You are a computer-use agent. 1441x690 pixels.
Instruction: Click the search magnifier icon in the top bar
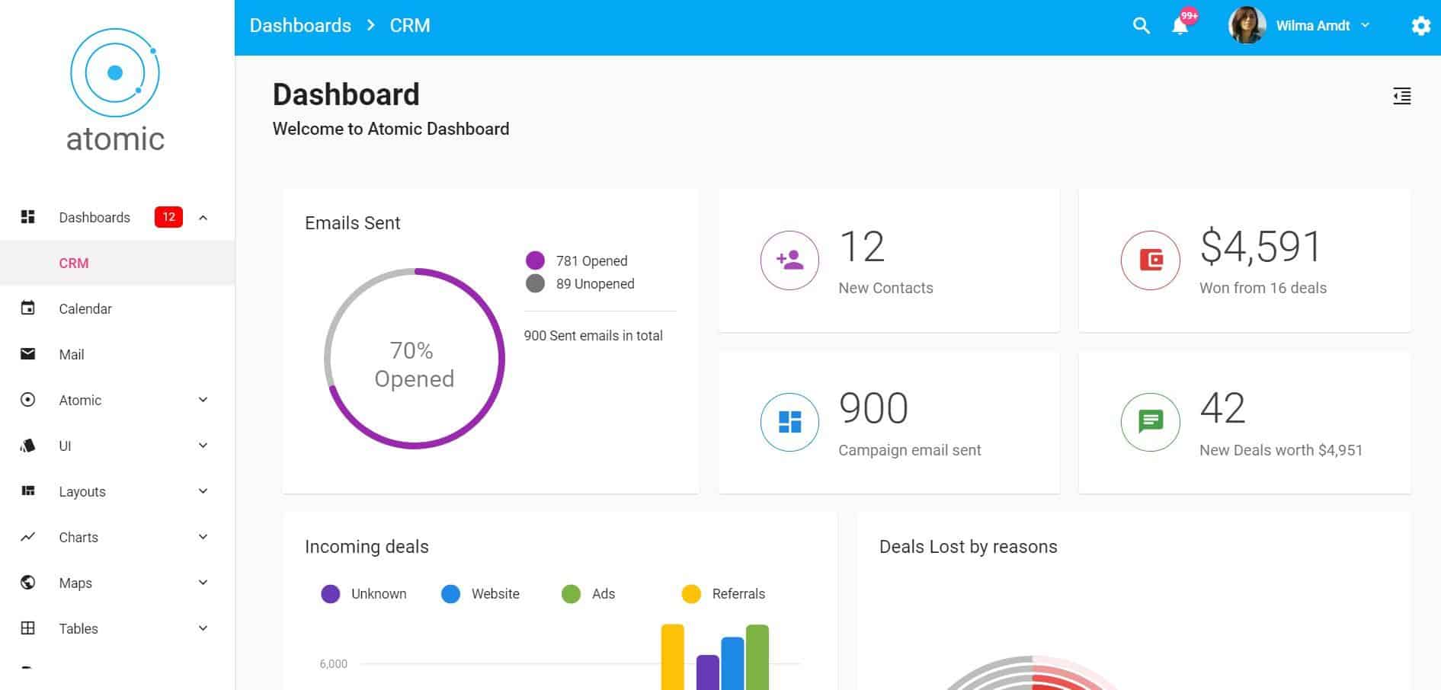pyautogui.click(x=1141, y=26)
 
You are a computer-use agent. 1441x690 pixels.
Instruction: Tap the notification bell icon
pyautogui.click(x=1180, y=27)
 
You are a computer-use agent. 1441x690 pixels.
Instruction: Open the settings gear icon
pyautogui.click(x=1420, y=26)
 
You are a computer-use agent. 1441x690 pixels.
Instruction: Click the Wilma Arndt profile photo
pyautogui.click(x=1247, y=26)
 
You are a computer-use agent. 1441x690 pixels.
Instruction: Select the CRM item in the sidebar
pyautogui.click(x=74, y=263)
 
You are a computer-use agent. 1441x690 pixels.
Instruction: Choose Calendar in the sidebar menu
pyautogui.click(x=85, y=308)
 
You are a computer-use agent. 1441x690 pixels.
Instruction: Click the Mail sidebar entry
pyautogui.click(x=72, y=354)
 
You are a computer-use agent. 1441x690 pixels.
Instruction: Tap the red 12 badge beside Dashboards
pyautogui.click(x=168, y=217)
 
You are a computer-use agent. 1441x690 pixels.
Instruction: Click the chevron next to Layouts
pyautogui.click(x=203, y=491)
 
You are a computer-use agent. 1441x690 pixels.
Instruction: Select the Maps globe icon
pyautogui.click(x=28, y=583)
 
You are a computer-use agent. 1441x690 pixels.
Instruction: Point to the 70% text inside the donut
pyautogui.click(x=411, y=350)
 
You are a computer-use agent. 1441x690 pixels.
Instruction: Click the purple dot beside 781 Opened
pyautogui.click(x=535, y=260)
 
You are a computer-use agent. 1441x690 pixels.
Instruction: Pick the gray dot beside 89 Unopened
pyautogui.click(x=535, y=283)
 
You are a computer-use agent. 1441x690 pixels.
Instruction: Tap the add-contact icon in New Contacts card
pyautogui.click(x=789, y=260)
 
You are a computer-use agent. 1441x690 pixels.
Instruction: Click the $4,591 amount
pyautogui.click(x=1260, y=247)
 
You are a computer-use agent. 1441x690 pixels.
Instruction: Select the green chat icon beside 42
pyautogui.click(x=1150, y=421)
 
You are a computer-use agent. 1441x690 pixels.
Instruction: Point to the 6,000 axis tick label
pyautogui.click(x=333, y=664)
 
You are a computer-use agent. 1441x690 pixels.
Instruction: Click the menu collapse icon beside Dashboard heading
pyautogui.click(x=1401, y=96)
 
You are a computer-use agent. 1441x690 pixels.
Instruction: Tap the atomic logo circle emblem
pyautogui.click(x=115, y=73)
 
